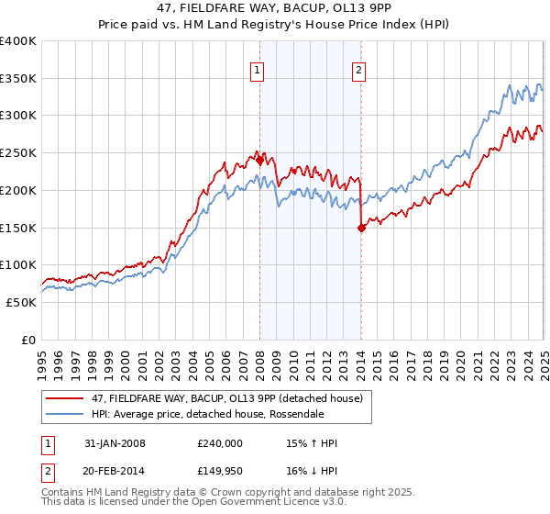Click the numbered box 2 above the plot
click(x=358, y=69)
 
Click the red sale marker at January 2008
click(x=259, y=160)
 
